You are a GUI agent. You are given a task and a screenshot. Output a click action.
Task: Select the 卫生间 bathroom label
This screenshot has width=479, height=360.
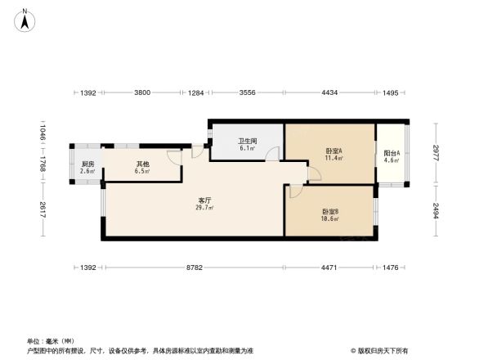[x=248, y=141]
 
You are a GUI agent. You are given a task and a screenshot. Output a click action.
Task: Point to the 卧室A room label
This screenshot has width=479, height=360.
[x=333, y=151]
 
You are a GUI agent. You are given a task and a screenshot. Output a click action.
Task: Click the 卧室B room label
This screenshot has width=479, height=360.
[x=330, y=212]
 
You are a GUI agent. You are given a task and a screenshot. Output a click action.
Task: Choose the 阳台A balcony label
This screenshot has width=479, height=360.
[x=392, y=153]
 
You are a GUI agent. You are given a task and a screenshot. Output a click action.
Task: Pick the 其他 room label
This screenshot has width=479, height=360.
[x=142, y=164]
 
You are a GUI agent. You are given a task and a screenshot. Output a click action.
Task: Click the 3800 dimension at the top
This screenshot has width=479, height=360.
[x=142, y=93]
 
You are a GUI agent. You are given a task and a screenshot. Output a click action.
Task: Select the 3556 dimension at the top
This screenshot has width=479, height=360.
[x=248, y=93]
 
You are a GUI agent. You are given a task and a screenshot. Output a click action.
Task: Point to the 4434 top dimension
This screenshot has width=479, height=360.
[x=329, y=93]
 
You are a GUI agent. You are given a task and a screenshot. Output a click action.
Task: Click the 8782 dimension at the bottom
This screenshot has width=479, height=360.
[x=194, y=268]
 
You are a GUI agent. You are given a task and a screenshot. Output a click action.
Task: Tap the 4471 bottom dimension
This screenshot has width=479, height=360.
[x=329, y=268]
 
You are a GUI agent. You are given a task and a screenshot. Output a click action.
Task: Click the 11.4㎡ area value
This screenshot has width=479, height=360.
[x=334, y=159]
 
